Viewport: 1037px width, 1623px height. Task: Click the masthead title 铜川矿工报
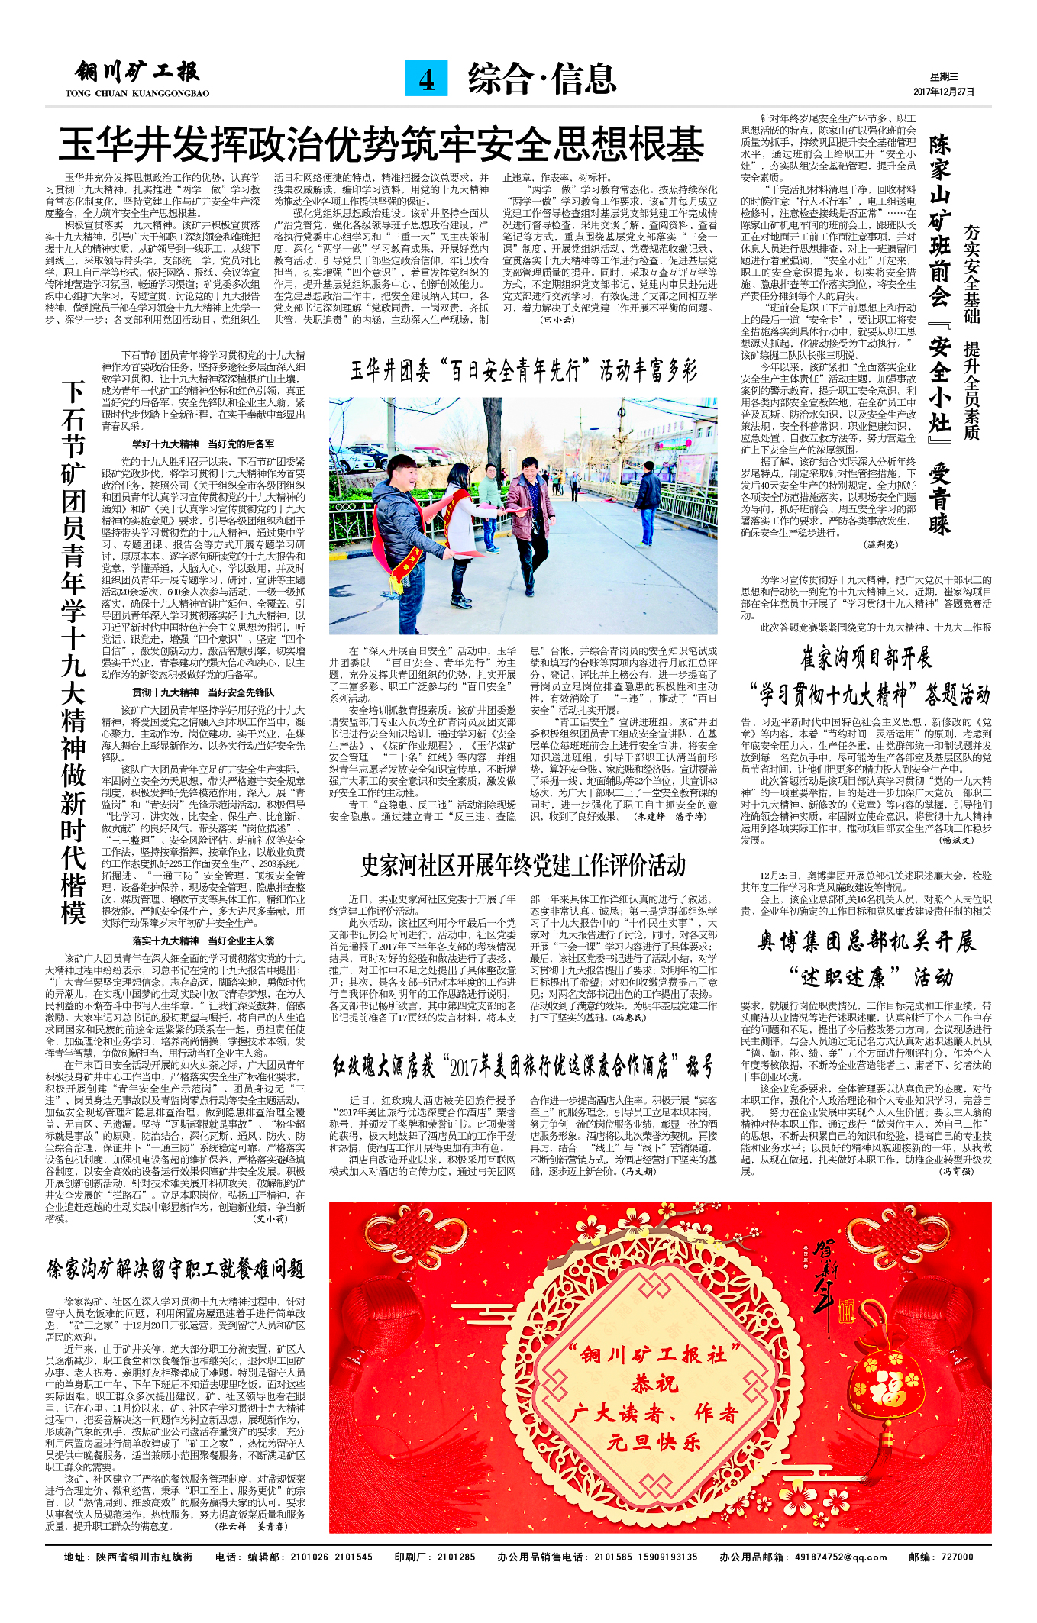(x=137, y=74)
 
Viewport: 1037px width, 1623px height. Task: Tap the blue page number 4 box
(x=426, y=79)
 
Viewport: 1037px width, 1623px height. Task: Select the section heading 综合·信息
(x=541, y=79)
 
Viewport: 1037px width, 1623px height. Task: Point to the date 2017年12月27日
(x=944, y=92)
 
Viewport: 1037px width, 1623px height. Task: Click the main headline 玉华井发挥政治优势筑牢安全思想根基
(x=382, y=144)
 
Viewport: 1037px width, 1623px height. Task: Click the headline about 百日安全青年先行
(x=524, y=371)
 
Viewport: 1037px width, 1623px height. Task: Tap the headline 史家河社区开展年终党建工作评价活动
(x=523, y=865)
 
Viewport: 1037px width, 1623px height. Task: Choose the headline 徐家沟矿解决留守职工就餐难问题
(x=176, y=1270)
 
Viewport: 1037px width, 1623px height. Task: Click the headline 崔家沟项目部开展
(x=865, y=657)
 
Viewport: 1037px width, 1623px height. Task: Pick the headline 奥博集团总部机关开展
(x=867, y=941)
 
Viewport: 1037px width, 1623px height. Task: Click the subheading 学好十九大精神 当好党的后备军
(x=203, y=444)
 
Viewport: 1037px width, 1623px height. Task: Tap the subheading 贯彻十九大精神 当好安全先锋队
(x=203, y=692)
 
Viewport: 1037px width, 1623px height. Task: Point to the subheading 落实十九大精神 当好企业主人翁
(x=203, y=941)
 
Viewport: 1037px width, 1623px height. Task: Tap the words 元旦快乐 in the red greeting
(x=654, y=1442)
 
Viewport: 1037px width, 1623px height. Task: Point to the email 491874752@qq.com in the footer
(x=840, y=1557)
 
